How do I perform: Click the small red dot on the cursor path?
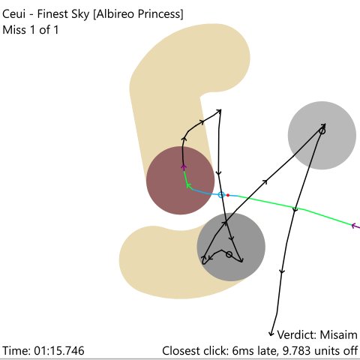click(228, 195)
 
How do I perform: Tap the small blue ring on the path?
click(221, 195)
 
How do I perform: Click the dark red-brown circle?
click(180, 180)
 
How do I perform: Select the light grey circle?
click(322, 135)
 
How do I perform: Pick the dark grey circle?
click(231, 247)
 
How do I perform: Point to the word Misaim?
click(339, 334)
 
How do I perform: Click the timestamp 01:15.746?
click(59, 351)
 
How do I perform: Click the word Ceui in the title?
click(14, 14)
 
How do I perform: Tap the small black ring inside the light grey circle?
click(322, 130)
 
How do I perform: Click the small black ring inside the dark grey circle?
click(229, 254)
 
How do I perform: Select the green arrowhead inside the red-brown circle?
click(189, 185)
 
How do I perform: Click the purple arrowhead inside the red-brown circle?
click(184, 167)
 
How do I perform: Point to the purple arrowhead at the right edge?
click(353, 226)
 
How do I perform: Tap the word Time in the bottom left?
click(16, 351)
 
